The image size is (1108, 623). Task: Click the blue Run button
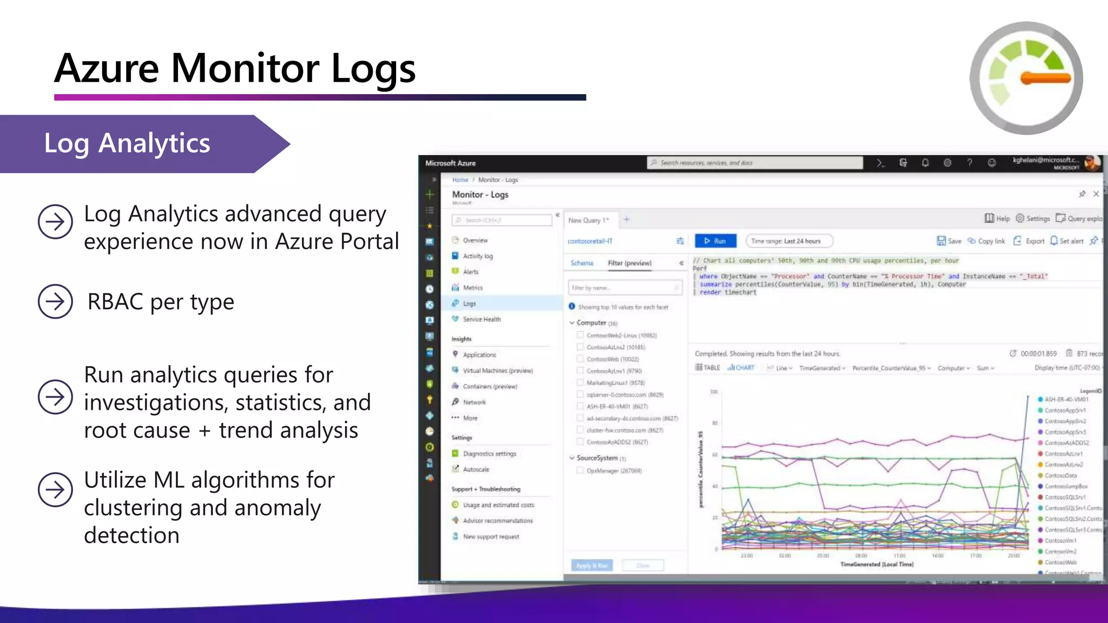pos(715,241)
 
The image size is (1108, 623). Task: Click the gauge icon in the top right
pos(1026,78)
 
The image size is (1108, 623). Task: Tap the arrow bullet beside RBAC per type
pos(55,301)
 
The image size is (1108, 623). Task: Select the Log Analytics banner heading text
pos(127,143)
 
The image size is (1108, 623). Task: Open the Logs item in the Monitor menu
pos(469,303)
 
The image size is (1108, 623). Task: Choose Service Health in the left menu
pos(482,319)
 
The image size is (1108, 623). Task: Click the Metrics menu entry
pos(472,288)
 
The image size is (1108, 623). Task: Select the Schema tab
pos(582,263)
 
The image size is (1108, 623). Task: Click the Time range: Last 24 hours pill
pos(788,241)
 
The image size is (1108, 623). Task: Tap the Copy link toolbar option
pos(986,241)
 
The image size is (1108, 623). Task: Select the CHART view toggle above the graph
pos(741,368)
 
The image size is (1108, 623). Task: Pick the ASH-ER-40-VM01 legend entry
pos(1066,399)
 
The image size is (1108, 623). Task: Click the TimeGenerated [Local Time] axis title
pos(876,564)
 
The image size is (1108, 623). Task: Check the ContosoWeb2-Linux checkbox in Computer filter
pos(580,335)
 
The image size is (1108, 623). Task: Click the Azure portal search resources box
pos(755,163)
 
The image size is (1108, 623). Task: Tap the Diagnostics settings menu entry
pos(489,454)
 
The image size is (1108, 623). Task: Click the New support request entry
pos(491,536)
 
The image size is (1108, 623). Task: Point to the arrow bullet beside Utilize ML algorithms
pos(55,489)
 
